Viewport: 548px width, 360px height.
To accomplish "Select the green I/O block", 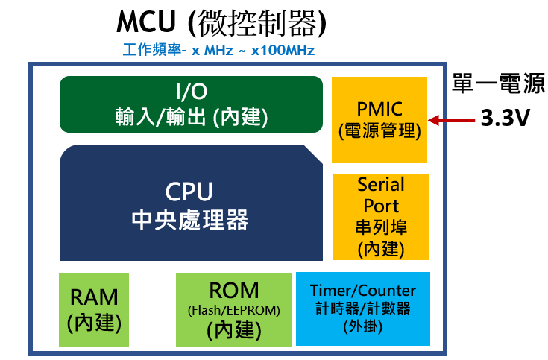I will [x=191, y=104].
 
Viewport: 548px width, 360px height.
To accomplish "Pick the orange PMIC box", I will [x=379, y=119].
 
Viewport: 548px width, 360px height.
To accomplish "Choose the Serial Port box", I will [x=381, y=216].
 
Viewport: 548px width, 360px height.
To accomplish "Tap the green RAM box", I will [x=94, y=309].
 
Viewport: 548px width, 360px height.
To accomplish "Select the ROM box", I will [x=234, y=309].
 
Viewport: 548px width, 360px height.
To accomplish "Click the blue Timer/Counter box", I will [x=363, y=309].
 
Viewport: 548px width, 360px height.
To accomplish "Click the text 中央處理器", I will [x=189, y=221].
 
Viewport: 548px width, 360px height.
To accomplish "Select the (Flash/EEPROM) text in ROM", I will [x=234, y=309].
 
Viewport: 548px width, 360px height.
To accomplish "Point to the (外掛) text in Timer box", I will [x=363, y=326].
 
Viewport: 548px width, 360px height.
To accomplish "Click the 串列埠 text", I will [x=381, y=227].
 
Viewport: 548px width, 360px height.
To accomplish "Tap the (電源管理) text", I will [x=379, y=132].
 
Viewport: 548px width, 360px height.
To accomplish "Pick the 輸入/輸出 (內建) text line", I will [x=191, y=117].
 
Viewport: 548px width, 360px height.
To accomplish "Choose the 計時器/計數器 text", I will [x=363, y=309].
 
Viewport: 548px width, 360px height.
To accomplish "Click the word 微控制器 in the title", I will [x=258, y=23].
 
